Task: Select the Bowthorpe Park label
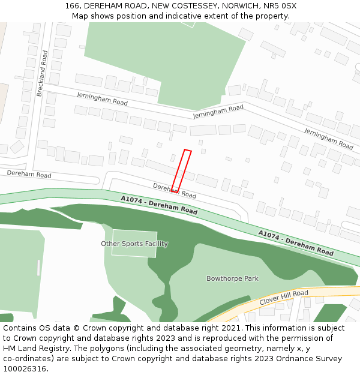(x=232, y=278)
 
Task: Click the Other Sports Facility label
(x=134, y=244)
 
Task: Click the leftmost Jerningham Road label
(x=102, y=99)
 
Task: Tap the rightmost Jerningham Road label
(x=328, y=139)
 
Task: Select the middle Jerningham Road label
(x=218, y=112)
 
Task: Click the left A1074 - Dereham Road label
(x=159, y=205)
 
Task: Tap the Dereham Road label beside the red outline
(x=175, y=191)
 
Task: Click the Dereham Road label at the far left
(x=29, y=175)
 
